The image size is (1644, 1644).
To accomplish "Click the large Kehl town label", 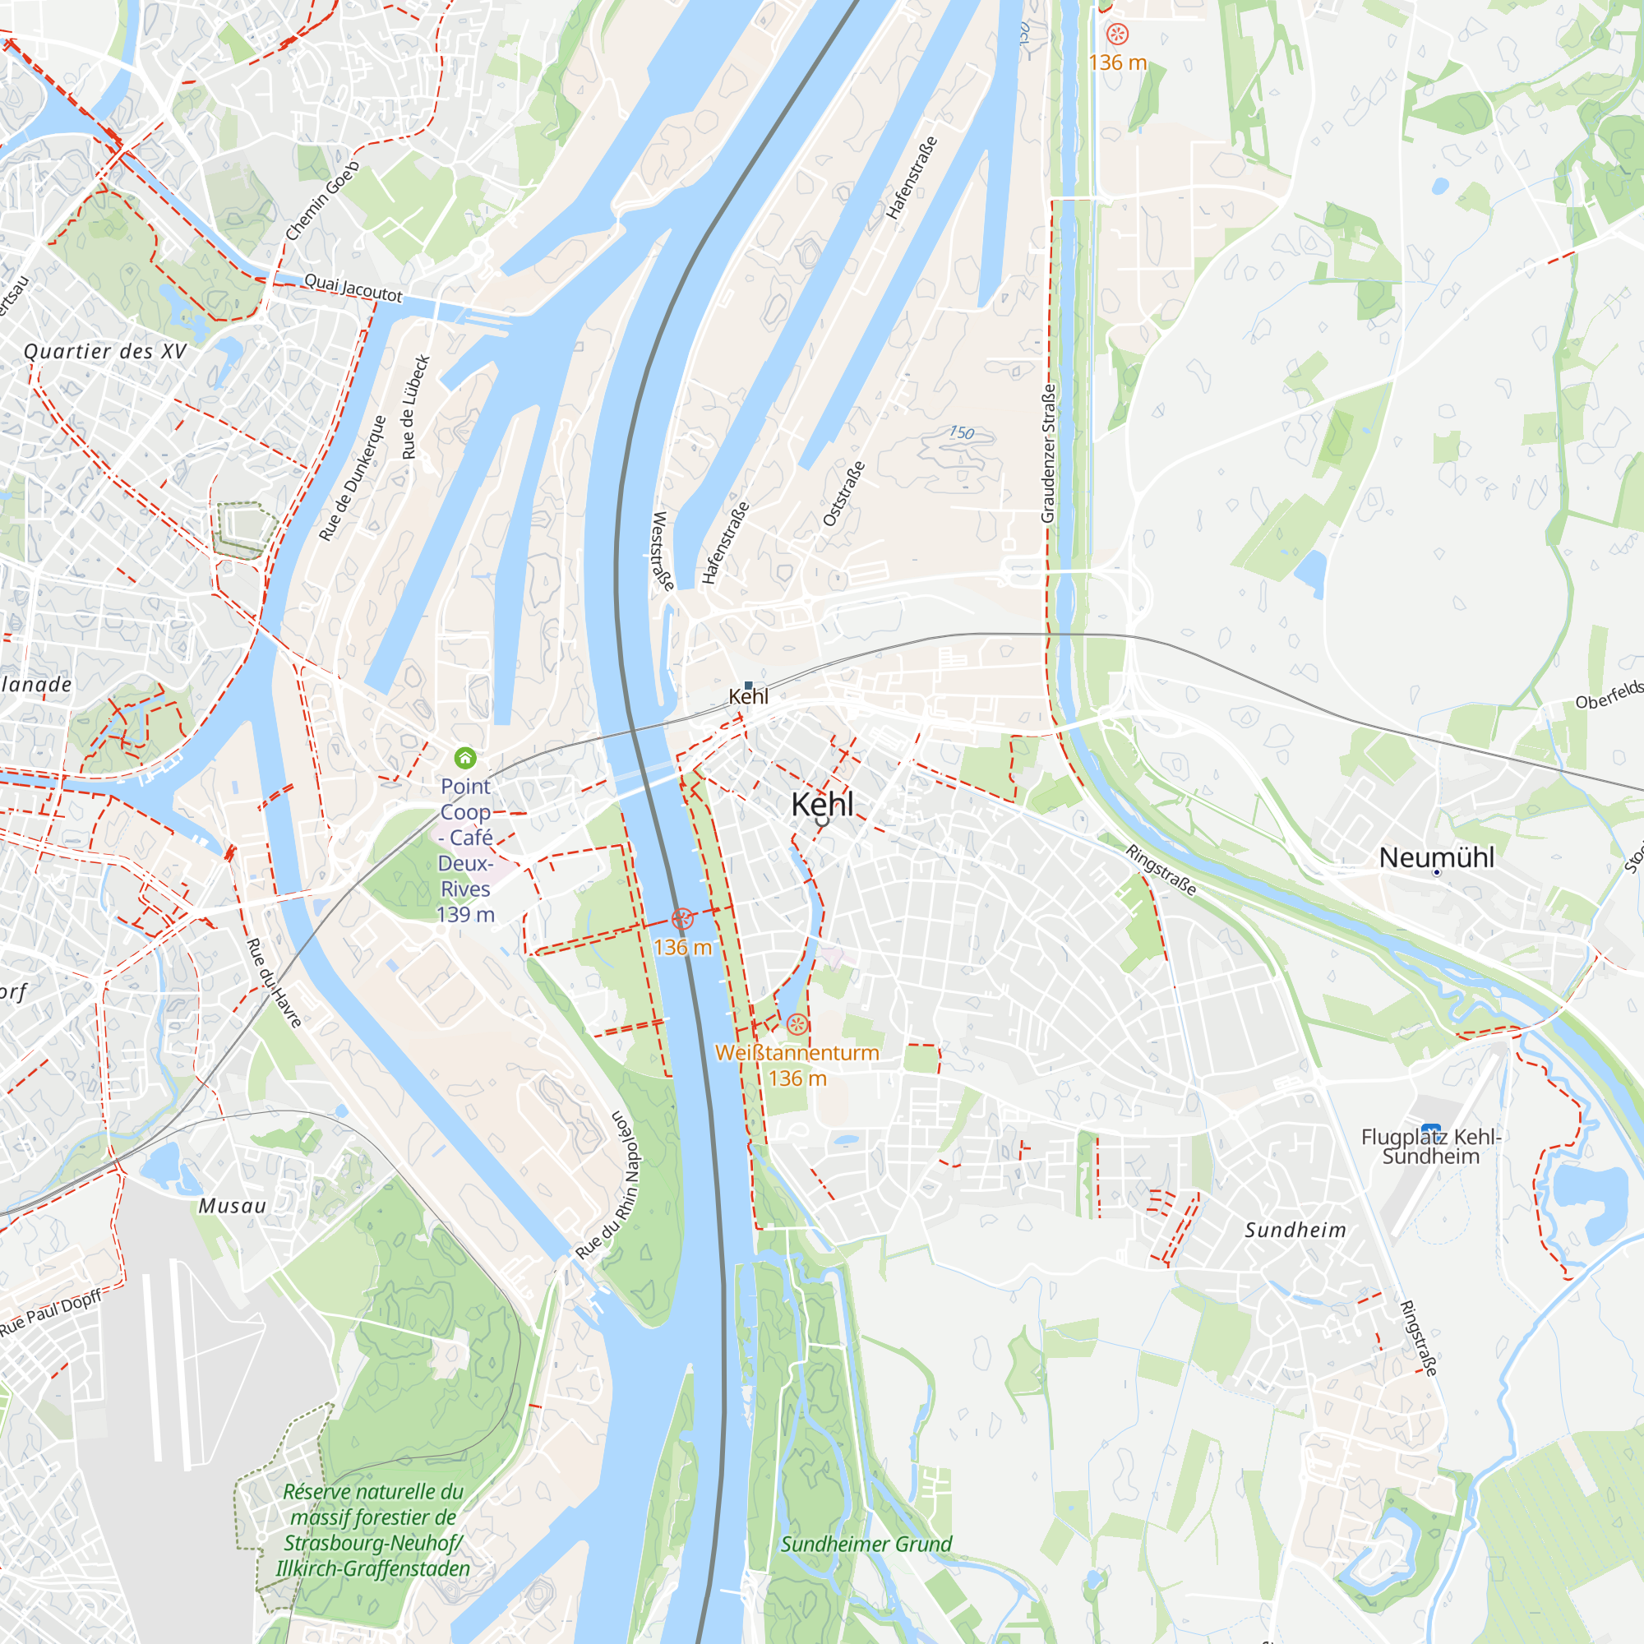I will coord(822,804).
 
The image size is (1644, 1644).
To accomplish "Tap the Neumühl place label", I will coord(1436,857).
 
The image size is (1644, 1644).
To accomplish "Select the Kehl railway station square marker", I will coord(748,685).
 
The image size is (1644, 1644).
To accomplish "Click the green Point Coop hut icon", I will coord(464,757).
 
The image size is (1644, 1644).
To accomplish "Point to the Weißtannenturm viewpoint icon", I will coord(797,1023).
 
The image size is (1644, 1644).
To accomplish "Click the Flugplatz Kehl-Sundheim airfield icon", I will coord(1430,1132).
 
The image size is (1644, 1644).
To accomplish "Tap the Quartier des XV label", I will coord(104,352).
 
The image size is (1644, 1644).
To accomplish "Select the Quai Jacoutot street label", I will coord(353,288).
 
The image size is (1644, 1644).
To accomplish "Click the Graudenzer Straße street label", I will coord(1048,454).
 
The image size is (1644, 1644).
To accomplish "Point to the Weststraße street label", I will coord(663,551).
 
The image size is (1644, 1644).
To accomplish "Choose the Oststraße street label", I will coord(844,493).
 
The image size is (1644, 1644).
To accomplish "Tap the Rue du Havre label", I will coord(274,983).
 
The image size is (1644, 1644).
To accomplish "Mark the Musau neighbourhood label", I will coord(233,1206).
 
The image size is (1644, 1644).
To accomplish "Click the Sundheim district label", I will coord(1295,1230).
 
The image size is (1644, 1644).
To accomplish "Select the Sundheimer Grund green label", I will coord(866,1544).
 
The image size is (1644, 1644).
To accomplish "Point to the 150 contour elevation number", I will coord(962,433).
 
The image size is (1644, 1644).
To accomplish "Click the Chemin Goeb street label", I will coord(322,201).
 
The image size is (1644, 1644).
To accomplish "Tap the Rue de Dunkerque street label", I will coord(353,478).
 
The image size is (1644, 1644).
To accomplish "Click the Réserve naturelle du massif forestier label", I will coord(372,1530).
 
